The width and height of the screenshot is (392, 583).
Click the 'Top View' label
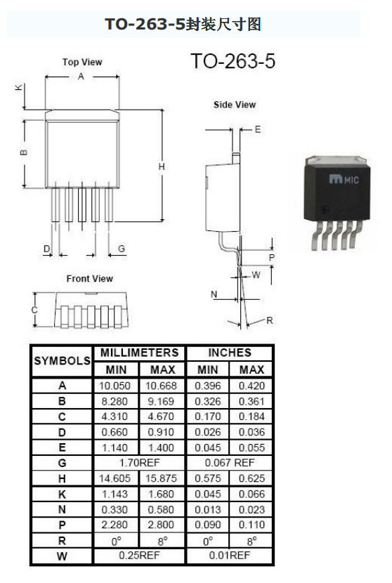click(82, 62)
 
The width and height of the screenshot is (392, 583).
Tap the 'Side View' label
click(235, 105)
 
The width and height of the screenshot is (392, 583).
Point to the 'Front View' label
click(90, 278)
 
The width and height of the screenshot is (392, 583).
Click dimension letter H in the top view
click(162, 166)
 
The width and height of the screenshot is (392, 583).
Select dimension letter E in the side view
click(258, 129)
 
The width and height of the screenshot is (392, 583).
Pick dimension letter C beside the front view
click(34, 310)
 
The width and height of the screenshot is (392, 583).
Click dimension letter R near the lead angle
click(270, 320)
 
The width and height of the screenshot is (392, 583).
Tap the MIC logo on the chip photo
click(344, 180)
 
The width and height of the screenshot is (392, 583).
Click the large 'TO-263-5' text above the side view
click(233, 61)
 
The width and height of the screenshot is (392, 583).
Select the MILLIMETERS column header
click(140, 353)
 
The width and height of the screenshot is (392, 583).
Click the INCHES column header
click(230, 353)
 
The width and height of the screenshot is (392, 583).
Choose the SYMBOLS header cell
click(62, 360)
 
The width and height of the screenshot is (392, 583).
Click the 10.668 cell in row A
click(161, 386)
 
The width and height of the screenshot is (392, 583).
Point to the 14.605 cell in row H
click(115, 478)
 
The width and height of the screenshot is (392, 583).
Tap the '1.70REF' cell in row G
click(140, 463)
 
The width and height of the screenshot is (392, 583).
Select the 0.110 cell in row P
click(251, 525)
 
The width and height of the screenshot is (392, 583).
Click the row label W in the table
click(62, 556)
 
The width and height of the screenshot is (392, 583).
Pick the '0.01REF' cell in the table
click(230, 556)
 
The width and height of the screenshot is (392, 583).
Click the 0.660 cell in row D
click(115, 432)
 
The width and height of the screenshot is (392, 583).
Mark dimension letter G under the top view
click(122, 249)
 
